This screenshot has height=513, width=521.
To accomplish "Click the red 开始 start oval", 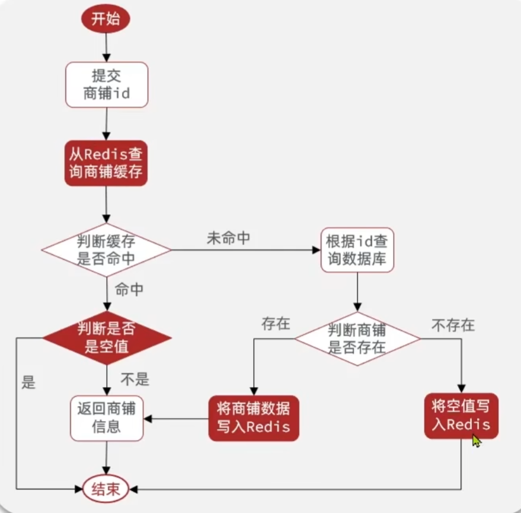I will coord(106,18).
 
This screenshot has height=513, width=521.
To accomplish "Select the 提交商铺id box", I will coord(106,85).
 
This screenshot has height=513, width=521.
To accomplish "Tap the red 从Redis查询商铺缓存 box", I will coord(106,163).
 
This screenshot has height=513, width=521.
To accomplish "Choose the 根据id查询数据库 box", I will coord(357,251).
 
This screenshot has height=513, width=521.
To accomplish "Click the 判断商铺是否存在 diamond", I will coord(357,338).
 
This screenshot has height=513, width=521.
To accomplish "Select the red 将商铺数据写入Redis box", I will coord(254,418).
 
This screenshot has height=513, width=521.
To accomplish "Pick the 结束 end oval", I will coord(106,489).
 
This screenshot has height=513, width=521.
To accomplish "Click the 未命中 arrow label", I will coord(228,239).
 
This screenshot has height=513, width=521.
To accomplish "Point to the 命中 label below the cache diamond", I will coord(130,290).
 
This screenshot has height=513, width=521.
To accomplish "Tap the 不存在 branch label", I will coord(454,325).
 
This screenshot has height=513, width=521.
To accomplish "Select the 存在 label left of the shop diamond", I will coord(276,324).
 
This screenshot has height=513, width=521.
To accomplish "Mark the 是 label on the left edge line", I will coord(28,382).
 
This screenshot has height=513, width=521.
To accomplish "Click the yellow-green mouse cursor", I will coord(477,441).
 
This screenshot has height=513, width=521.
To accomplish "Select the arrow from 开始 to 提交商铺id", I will coord(106,45).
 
